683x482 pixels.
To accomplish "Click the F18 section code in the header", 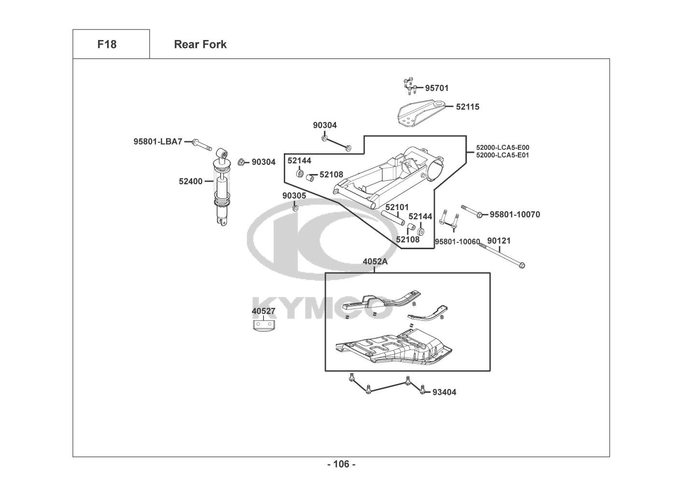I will (x=107, y=44).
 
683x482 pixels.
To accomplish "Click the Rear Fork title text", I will (x=200, y=44).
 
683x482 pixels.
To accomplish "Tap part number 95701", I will (x=436, y=88).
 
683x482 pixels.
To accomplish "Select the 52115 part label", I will (x=468, y=107).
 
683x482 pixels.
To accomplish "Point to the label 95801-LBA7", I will (x=158, y=142).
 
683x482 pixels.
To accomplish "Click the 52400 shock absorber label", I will (x=191, y=181).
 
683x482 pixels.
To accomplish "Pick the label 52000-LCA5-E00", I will (x=502, y=147).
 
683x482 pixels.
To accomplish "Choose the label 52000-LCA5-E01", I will (x=502, y=155).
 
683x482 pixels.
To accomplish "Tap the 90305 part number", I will (x=294, y=196).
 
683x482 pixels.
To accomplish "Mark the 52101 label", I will (x=397, y=207).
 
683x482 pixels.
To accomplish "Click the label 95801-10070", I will (x=515, y=214).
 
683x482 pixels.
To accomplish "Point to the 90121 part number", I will (x=499, y=241).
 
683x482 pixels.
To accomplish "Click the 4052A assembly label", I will (x=375, y=262).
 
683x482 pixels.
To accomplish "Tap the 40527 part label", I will (x=264, y=311).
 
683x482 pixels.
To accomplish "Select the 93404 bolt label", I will (x=444, y=392).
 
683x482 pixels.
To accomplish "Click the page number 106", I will (x=341, y=464).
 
